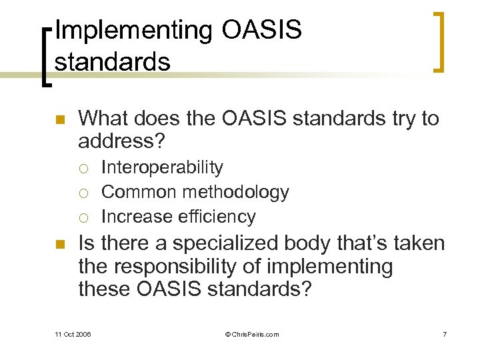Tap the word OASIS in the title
pyautogui.click(x=259, y=31)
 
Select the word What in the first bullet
pyautogui.click(x=103, y=119)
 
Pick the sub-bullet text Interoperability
pyautogui.click(x=162, y=167)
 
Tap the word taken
pyautogui.click(x=415, y=244)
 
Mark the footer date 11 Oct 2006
pyautogui.click(x=73, y=334)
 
